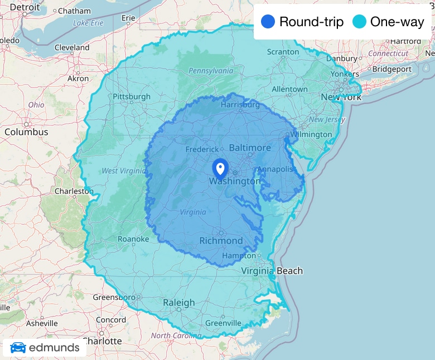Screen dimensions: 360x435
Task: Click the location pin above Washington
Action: (x=220, y=168)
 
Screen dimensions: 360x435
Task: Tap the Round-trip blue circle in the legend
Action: (x=268, y=22)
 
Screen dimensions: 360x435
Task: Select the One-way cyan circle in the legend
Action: (x=360, y=22)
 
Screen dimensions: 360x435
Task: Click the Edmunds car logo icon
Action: (x=18, y=348)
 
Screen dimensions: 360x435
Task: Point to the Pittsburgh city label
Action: (x=132, y=96)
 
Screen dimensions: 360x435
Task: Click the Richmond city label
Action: (x=221, y=241)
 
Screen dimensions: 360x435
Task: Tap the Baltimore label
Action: (x=250, y=148)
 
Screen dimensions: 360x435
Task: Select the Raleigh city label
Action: (x=179, y=303)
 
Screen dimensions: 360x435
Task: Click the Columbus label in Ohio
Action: (x=26, y=132)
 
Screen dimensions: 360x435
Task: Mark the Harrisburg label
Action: (x=240, y=104)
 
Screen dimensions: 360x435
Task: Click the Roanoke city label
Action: (x=133, y=239)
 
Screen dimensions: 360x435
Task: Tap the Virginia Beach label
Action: (x=272, y=271)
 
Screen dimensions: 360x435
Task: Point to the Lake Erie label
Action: (x=89, y=23)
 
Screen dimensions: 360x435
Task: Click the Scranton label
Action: (x=283, y=52)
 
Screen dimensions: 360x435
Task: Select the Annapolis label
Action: (x=275, y=169)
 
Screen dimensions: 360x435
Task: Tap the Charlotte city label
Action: (x=102, y=340)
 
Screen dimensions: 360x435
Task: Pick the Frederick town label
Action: (x=202, y=149)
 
